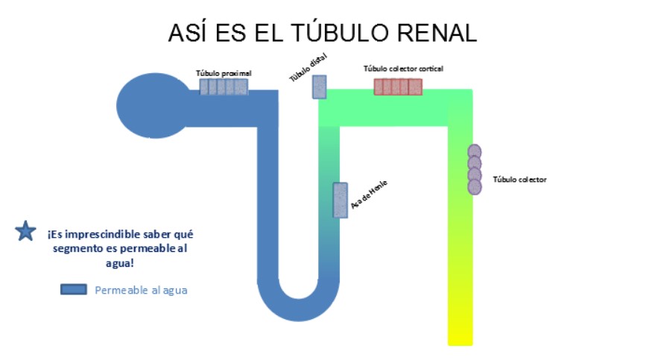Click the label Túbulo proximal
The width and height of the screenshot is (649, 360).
(x=224, y=73)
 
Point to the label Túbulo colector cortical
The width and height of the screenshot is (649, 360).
(x=403, y=69)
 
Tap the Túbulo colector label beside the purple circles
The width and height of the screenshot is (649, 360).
(x=519, y=180)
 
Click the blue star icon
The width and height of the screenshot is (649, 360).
(x=25, y=232)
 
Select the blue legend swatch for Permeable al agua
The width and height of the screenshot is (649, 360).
(x=74, y=290)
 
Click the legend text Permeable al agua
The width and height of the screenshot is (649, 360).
(x=141, y=290)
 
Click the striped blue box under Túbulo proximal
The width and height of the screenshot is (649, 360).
(x=223, y=87)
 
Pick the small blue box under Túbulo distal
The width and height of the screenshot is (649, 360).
(x=319, y=86)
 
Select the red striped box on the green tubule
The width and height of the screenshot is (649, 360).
(x=397, y=87)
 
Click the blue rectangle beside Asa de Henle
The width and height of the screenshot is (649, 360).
(x=340, y=200)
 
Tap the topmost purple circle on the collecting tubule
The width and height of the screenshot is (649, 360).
(x=474, y=151)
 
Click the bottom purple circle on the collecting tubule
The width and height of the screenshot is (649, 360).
(x=474, y=186)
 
